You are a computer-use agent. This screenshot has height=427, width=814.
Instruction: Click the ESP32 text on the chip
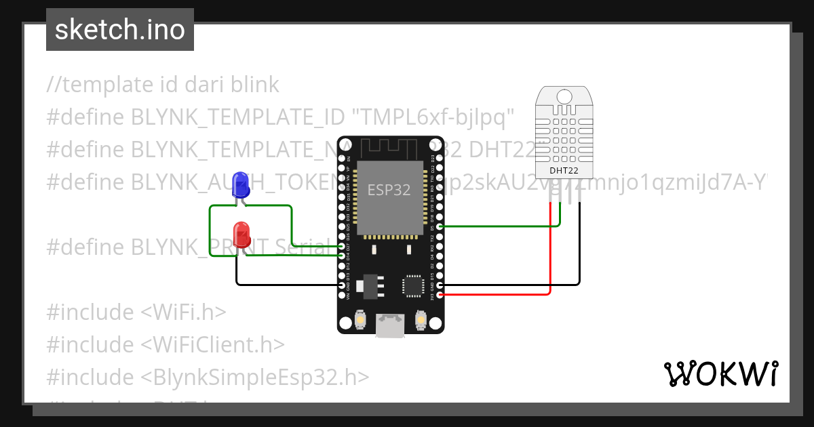pos(389,190)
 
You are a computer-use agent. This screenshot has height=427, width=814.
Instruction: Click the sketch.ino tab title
pos(120,30)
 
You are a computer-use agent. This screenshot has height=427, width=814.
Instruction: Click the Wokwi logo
pos(721,373)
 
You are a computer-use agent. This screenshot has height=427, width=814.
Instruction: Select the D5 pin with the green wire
pos(441,226)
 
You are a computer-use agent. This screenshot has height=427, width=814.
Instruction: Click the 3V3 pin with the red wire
pos(441,295)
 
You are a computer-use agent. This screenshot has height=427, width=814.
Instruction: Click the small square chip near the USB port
pos(413,285)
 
